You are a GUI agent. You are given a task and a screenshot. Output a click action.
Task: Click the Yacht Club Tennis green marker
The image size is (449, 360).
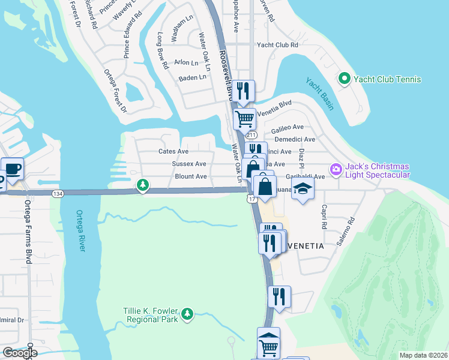[x=345, y=79]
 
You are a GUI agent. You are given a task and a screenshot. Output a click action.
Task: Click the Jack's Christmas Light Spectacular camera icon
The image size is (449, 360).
[x=336, y=170]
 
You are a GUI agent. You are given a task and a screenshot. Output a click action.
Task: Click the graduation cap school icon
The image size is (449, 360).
[x=303, y=189]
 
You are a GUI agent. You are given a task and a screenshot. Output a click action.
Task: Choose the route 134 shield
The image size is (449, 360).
[x=58, y=194]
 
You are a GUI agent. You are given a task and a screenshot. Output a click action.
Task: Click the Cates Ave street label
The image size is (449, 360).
[x=173, y=152]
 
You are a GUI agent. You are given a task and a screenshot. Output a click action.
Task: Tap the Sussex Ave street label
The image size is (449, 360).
[x=188, y=164]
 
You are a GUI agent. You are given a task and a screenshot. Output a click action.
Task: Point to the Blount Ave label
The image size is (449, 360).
[x=191, y=176]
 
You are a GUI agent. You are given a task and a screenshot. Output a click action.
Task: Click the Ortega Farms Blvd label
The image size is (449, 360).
[x=28, y=231]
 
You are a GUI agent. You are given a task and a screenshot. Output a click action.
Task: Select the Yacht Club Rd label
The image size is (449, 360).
[x=277, y=45]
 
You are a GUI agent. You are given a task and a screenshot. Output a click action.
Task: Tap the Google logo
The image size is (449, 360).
[x=20, y=353]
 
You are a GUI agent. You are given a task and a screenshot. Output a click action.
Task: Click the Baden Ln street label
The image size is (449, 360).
[x=192, y=77]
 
